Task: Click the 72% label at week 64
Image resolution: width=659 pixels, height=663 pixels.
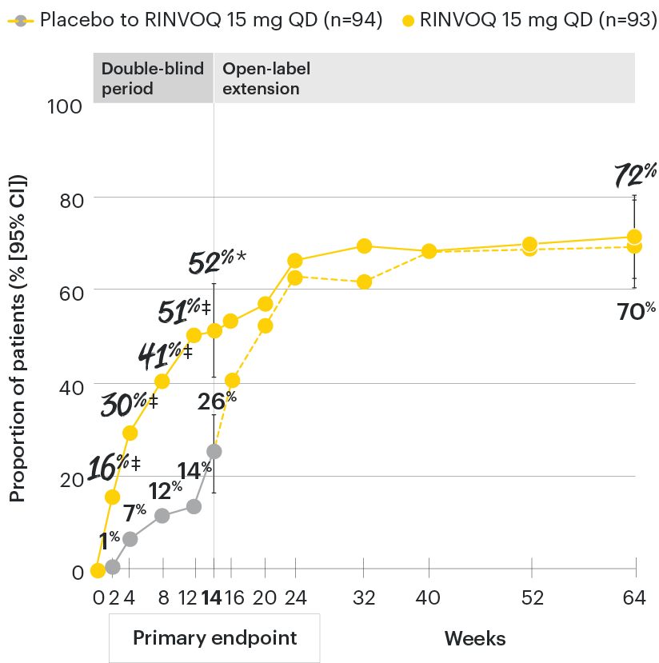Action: [635, 174]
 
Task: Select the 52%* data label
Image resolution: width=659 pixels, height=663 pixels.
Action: [216, 262]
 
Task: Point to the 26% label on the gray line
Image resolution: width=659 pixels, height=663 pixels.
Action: [218, 397]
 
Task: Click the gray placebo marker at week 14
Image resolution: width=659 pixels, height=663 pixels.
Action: [214, 452]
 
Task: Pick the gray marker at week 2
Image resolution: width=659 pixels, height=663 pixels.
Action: [113, 566]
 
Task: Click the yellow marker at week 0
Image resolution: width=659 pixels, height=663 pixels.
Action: [98, 570]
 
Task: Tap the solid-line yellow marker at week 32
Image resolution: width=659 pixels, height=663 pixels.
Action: [364, 246]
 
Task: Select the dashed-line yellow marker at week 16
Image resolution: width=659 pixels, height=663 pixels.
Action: [233, 380]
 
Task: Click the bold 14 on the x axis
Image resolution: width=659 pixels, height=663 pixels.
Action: [213, 597]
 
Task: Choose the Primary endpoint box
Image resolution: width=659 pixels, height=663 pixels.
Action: [214, 637]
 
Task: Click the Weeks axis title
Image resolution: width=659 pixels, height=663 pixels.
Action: [475, 638]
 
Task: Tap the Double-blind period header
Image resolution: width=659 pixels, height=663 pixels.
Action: [152, 78]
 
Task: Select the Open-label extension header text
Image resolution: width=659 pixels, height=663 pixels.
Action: [266, 78]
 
